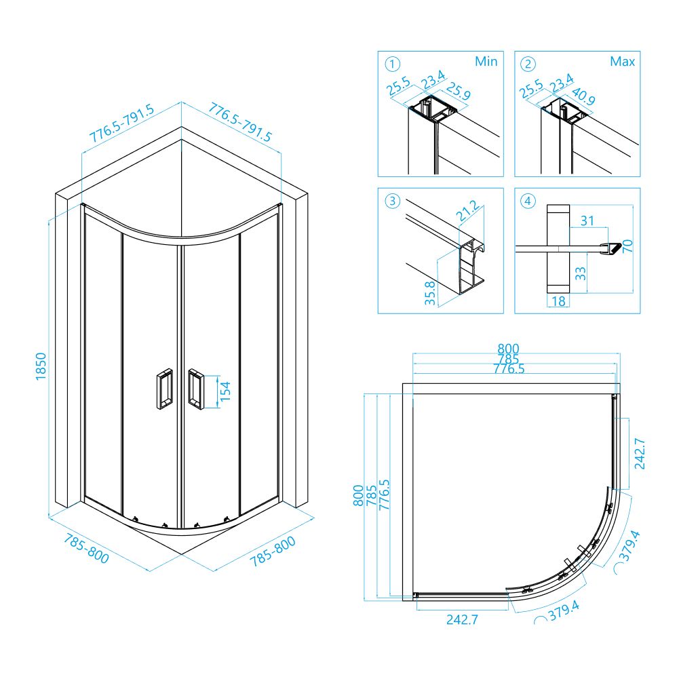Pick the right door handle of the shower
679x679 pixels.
point(195,389)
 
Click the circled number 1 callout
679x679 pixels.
point(391,64)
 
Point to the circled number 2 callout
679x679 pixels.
point(528,64)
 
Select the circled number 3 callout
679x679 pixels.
point(391,201)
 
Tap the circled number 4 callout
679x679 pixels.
point(528,201)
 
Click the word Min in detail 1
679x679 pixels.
point(486,62)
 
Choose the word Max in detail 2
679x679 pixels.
point(622,62)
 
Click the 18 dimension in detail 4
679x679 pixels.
point(558,300)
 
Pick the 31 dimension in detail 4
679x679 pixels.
point(587,220)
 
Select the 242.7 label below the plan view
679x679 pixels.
point(463,619)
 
